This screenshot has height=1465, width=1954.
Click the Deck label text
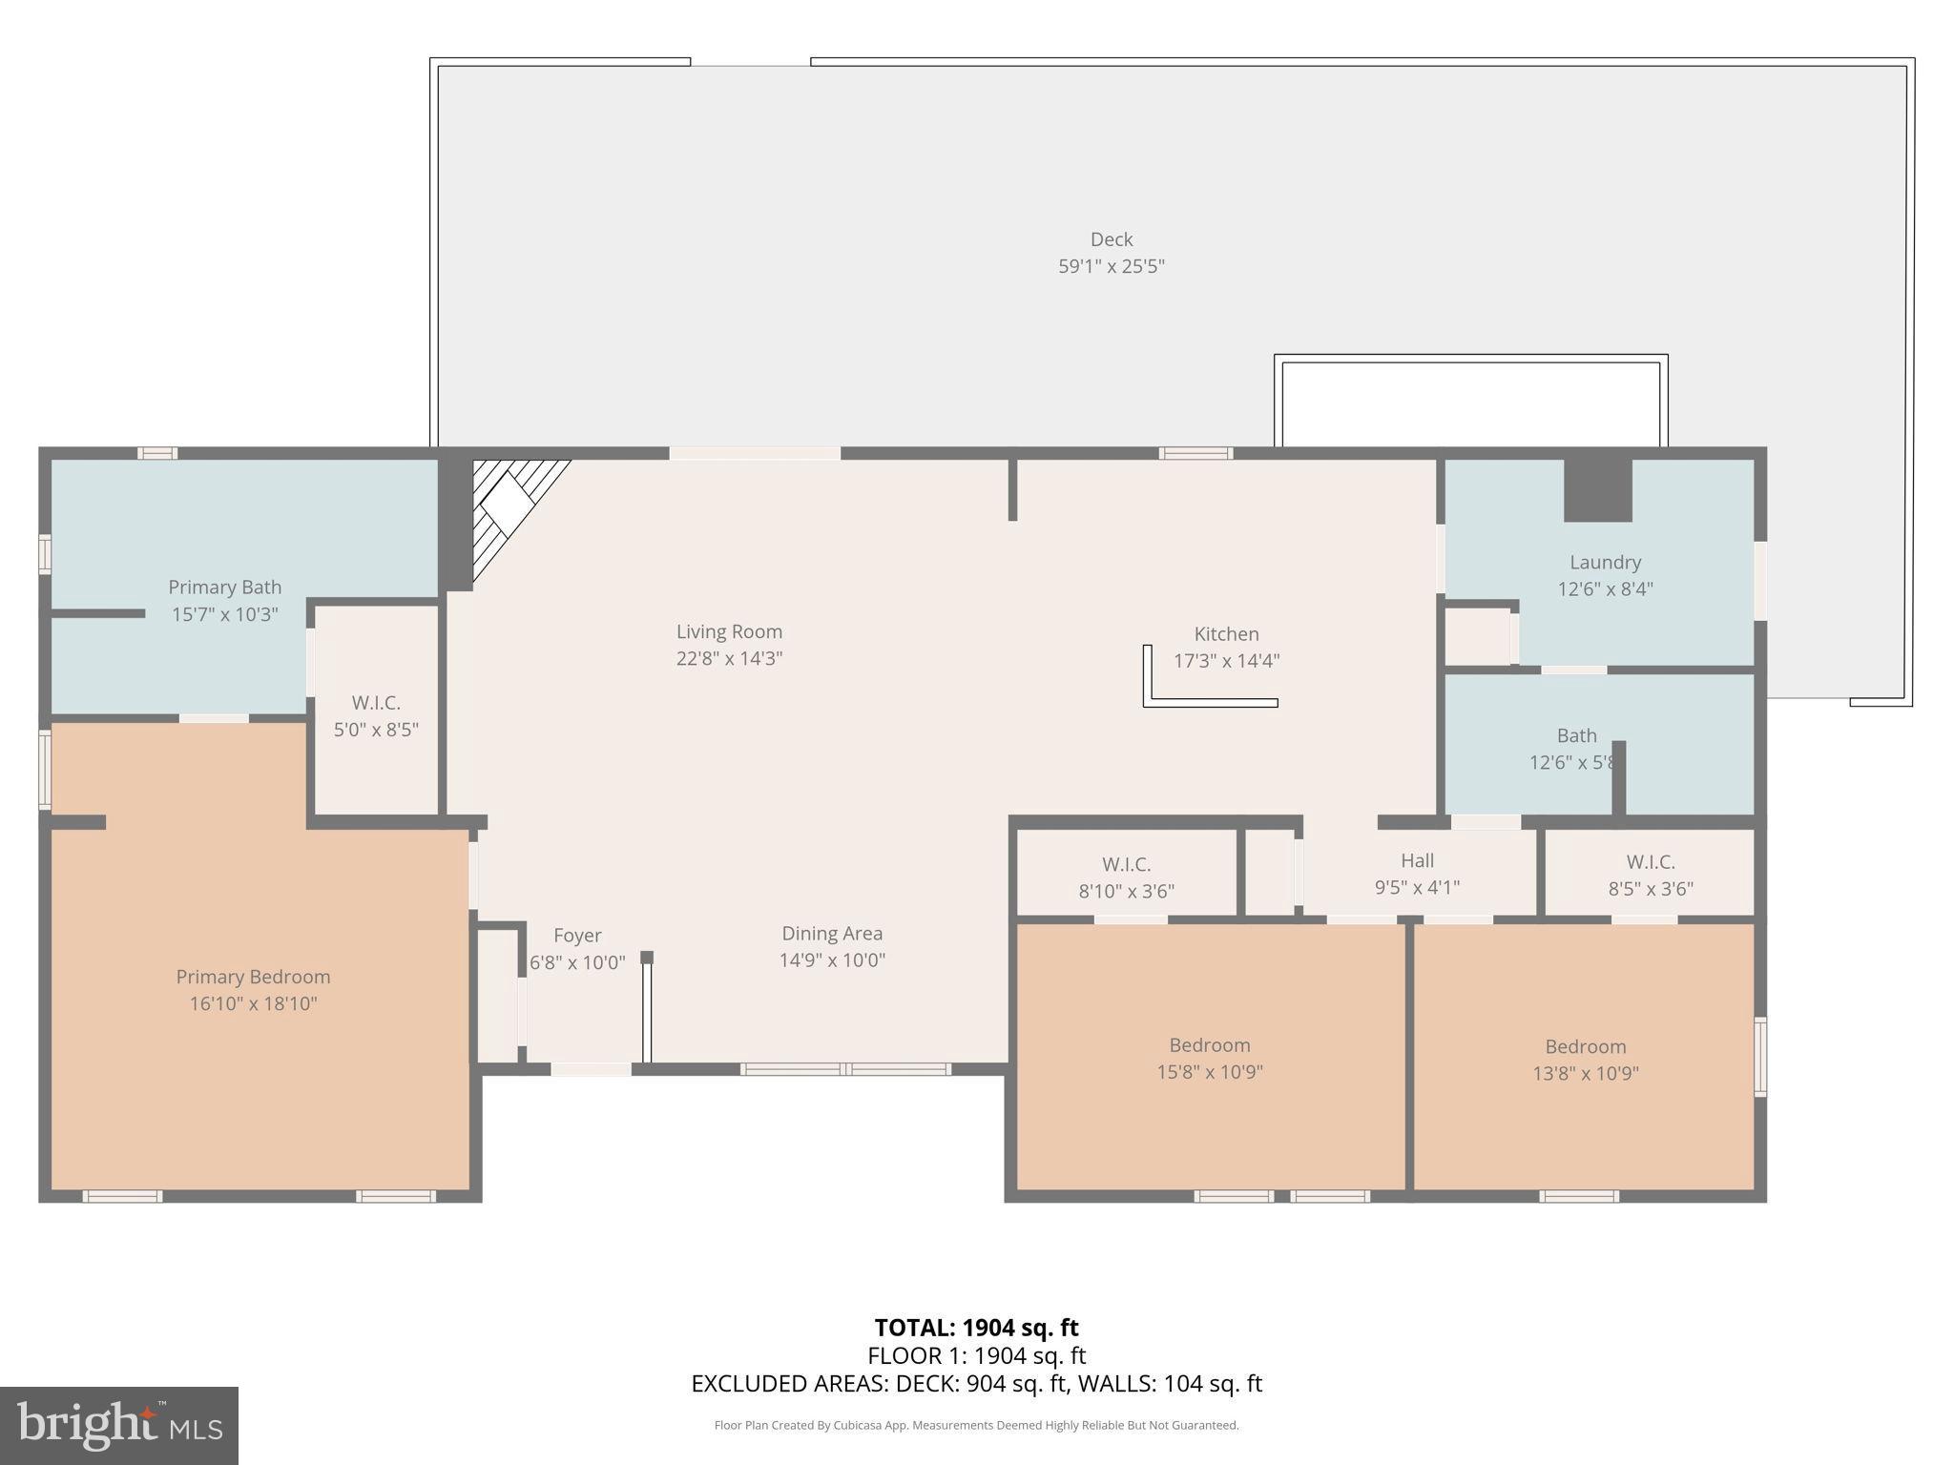click(x=1112, y=239)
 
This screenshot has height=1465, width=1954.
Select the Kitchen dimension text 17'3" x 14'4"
click(x=1226, y=661)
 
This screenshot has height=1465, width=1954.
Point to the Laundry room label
click(x=1605, y=563)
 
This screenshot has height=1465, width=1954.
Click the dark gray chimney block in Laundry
click(x=1598, y=490)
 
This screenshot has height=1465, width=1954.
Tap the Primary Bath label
click(x=224, y=588)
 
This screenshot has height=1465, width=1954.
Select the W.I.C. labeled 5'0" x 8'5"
click(x=376, y=716)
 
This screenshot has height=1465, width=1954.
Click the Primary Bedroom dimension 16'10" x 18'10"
click(x=253, y=1003)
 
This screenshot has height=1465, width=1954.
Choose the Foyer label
click(x=577, y=936)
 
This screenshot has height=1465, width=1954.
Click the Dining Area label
click(x=832, y=934)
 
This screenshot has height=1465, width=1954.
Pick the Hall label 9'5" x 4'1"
click(x=1417, y=874)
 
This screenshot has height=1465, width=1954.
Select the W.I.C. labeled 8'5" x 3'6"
click(x=1651, y=875)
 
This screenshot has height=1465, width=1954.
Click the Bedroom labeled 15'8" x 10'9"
click(x=1210, y=1058)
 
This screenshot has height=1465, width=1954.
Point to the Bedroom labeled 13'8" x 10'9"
click(x=1586, y=1060)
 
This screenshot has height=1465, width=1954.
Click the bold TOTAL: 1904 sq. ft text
click(x=976, y=1328)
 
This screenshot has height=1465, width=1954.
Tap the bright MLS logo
click(x=119, y=1425)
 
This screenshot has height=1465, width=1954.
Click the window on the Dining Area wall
click(x=845, y=1069)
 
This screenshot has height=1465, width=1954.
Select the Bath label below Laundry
click(x=1576, y=735)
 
